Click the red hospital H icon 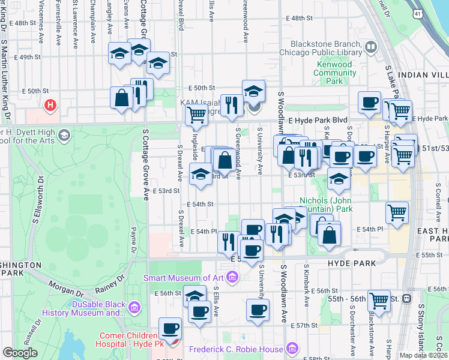click(50, 106)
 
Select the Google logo click(20, 353)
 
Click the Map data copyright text click(423, 355)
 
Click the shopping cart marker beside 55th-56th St click(379, 301)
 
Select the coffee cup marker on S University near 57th click(258, 310)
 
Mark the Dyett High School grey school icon click(63, 136)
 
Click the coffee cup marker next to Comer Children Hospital click(170, 329)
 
